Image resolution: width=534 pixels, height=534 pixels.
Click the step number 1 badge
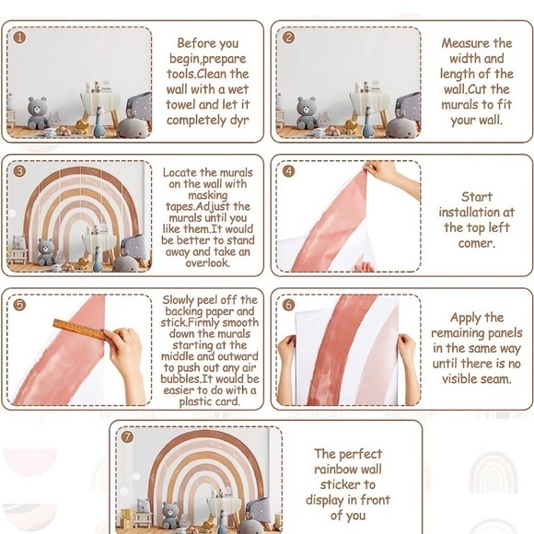click(19, 38)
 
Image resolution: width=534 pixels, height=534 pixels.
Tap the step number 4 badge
click(289, 171)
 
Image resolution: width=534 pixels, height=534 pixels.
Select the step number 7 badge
click(127, 436)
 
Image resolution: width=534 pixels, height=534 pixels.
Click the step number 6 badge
click(289, 305)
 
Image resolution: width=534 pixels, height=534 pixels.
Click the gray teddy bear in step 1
click(37, 112)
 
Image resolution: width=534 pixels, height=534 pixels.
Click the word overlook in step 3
click(207, 263)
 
